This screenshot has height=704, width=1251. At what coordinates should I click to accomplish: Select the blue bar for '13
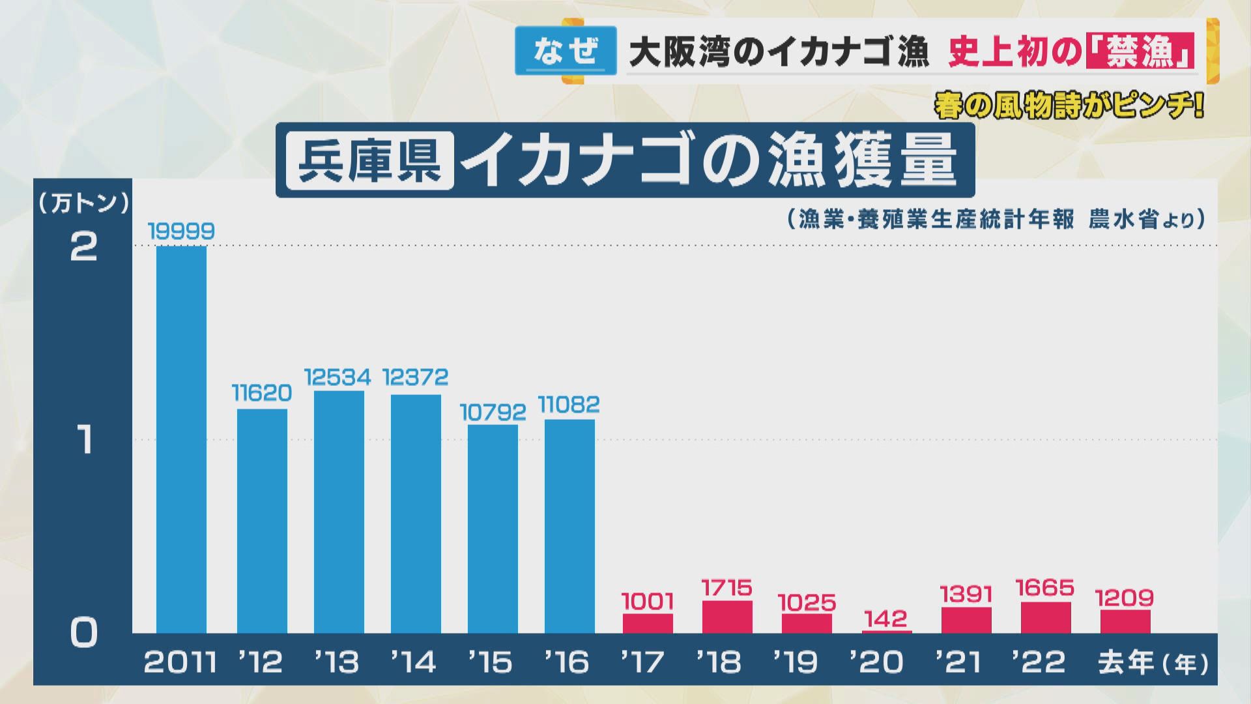[x=339, y=512]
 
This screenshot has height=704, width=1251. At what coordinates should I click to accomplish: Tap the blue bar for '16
[x=569, y=526]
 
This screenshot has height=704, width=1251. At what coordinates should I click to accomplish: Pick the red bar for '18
[x=727, y=617]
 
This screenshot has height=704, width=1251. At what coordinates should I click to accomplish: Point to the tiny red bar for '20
[x=887, y=631]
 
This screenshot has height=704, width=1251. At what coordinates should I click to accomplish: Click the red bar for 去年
[x=1125, y=621]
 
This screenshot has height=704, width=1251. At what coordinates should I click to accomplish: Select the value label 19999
[x=181, y=231]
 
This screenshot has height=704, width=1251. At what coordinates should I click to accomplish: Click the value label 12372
[x=416, y=377]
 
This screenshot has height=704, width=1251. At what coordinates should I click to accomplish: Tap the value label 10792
[x=493, y=412]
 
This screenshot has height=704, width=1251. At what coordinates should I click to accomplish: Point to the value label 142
[x=887, y=618]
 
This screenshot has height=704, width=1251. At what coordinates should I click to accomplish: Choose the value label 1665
[x=1045, y=589]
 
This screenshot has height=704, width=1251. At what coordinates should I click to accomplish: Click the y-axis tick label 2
[x=83, y=247]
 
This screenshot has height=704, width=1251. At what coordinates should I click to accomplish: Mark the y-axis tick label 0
[x=83, y=632]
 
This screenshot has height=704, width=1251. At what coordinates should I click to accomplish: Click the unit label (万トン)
[x=83, y=203]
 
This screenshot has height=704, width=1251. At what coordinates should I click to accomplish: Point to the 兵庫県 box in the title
[x=369, y=160]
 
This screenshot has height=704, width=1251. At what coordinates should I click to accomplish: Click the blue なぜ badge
[x=566, y=51]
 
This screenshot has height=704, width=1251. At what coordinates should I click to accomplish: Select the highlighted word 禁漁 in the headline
[x=1140, y=51]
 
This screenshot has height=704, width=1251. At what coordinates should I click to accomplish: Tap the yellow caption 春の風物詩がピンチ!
[x=1069, y=106]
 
